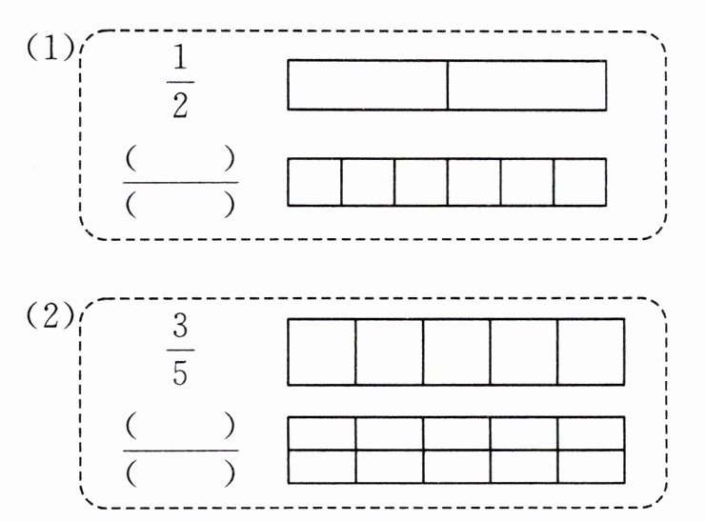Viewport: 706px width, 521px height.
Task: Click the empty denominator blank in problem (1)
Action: (x=180, y=204)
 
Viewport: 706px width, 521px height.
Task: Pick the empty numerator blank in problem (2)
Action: (x=180, y=424)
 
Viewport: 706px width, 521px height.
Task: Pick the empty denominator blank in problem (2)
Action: (x=180, y=469)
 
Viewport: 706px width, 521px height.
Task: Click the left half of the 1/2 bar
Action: (x=368, y=85)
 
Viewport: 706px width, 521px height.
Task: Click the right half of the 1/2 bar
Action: (x=527, y=85)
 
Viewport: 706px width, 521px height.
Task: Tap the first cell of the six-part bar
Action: (x=314, y=182)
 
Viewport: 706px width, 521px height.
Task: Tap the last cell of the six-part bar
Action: (x=579, y=182)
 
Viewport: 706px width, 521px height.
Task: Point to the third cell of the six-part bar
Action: (x=420, y=182)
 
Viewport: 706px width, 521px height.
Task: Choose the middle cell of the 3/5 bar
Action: (x=456, y=351)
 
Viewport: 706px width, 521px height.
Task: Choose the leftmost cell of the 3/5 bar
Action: (x=322, y=351)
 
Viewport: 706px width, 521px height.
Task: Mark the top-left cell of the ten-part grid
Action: (x=322, y=432)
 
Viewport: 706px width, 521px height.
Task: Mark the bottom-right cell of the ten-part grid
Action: (x=591, y=466)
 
